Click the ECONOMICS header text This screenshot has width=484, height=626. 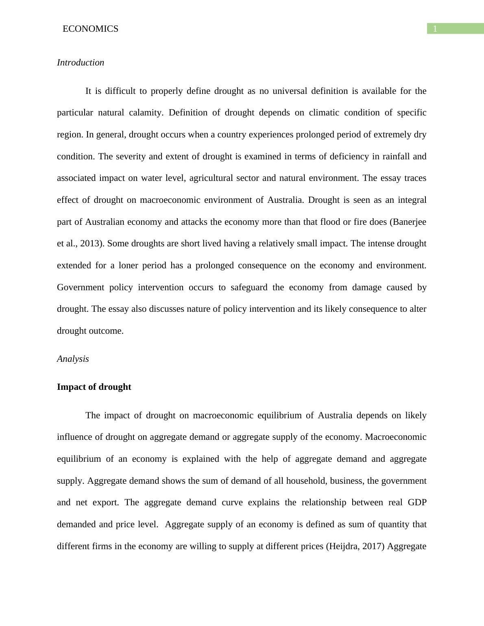[x=90, y=29]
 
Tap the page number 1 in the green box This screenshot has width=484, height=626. [x=435, y=29]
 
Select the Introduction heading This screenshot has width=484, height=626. [x=81, y=63]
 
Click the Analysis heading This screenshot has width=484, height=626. [x=73, y=359]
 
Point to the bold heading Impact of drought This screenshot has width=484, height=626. [x=94, y=387]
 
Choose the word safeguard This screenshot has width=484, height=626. [x=249, y=287]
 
